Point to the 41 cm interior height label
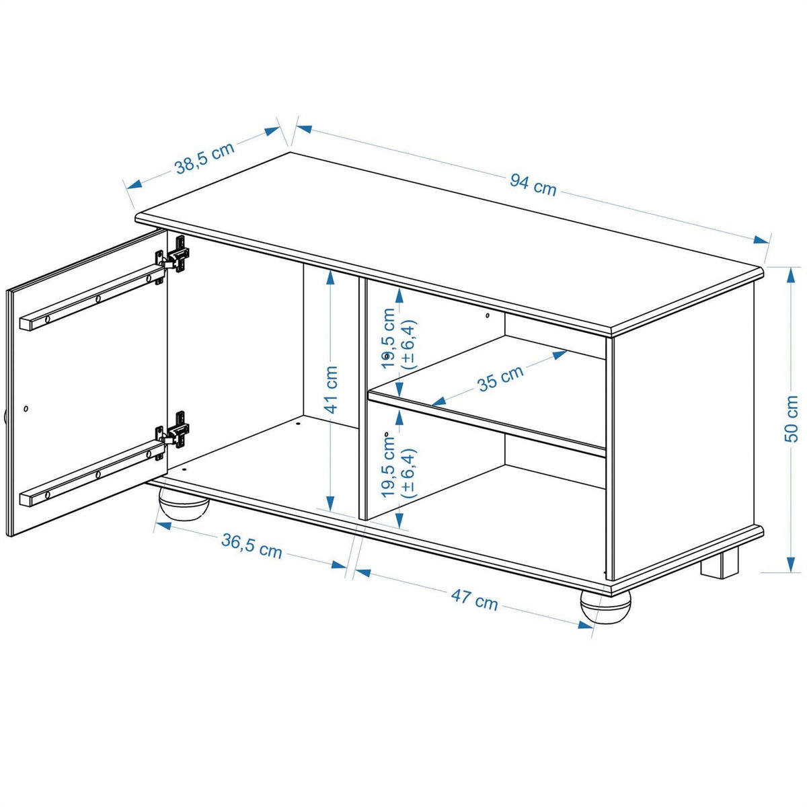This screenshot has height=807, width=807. click(330, 390)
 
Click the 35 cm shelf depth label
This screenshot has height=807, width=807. click(500, 379)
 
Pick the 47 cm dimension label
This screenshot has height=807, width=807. click(475, 599)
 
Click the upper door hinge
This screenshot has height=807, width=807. click(176, 256)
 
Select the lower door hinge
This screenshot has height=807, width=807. click(176, 430)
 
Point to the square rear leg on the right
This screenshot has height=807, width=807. click(719, 564)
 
